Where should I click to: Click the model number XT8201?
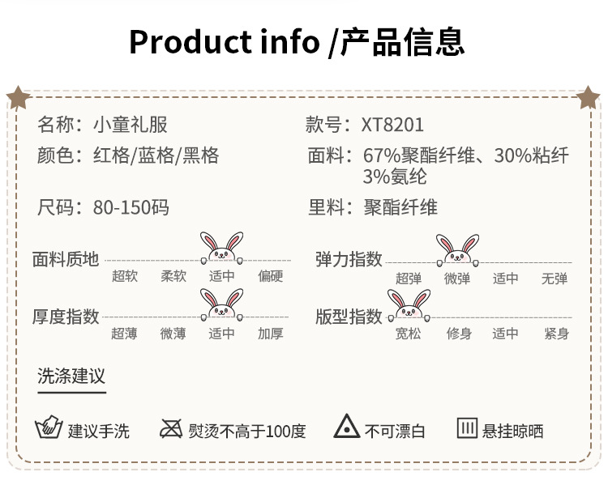pyautogui.click(x=392, y=125)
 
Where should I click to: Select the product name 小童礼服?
pyautogui.click(x=131, y=125)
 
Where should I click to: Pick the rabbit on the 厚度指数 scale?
pyautogui.click(x=222, y=305)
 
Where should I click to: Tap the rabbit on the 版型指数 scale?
pyautogui.click(x=409, y=305)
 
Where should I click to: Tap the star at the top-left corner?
pyautogui.click(x=18, y=98)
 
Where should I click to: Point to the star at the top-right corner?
pyautogui.click(x=589, y=98)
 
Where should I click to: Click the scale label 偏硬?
pyautogui.click(x=270, y=277)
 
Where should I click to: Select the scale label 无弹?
pyautogui.click(x=554, y=279)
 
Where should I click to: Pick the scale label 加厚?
pyautogui.click(x=270, y=334)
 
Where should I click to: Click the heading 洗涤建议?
pyautogui.click(x=71, y=376)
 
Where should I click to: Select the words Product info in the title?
pyautogui.click(x=224, y=41)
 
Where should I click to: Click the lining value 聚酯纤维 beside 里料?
pyautogui.click(x=400, y=207)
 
